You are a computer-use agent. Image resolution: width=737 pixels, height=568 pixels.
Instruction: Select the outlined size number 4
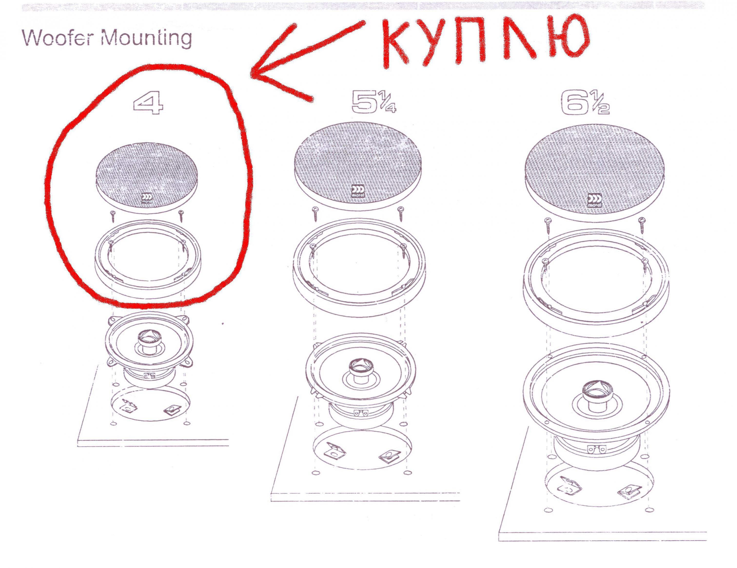click(x=148, y=103)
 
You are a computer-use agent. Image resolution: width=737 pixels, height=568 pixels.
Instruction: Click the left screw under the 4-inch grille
click(x=113, y=217)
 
